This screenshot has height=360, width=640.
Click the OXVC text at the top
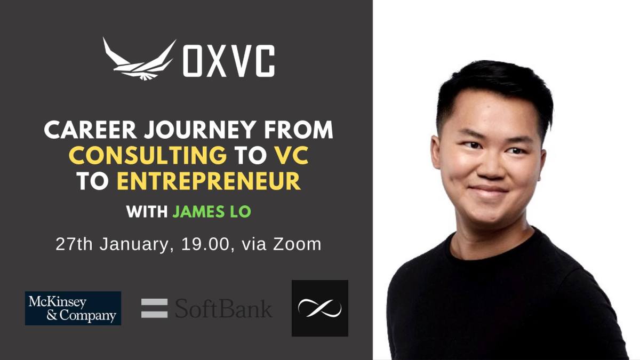coord(229,60)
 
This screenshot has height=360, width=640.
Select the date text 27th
coord(74,244)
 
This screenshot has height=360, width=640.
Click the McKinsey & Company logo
coord(73,308)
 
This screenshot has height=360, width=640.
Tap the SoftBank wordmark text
coord(223,309)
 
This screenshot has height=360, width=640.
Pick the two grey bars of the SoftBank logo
coord(155,308)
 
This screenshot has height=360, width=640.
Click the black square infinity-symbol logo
coord(320,308)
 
